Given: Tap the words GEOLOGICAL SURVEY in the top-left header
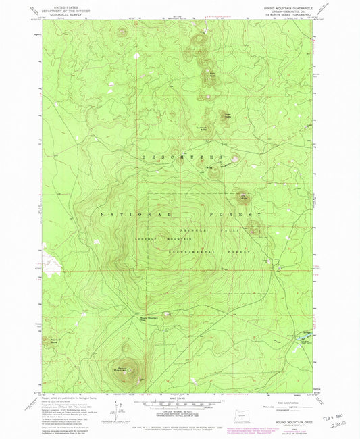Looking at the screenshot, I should (x=57, y=14).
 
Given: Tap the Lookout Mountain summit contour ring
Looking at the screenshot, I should (x=162, y=236).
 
